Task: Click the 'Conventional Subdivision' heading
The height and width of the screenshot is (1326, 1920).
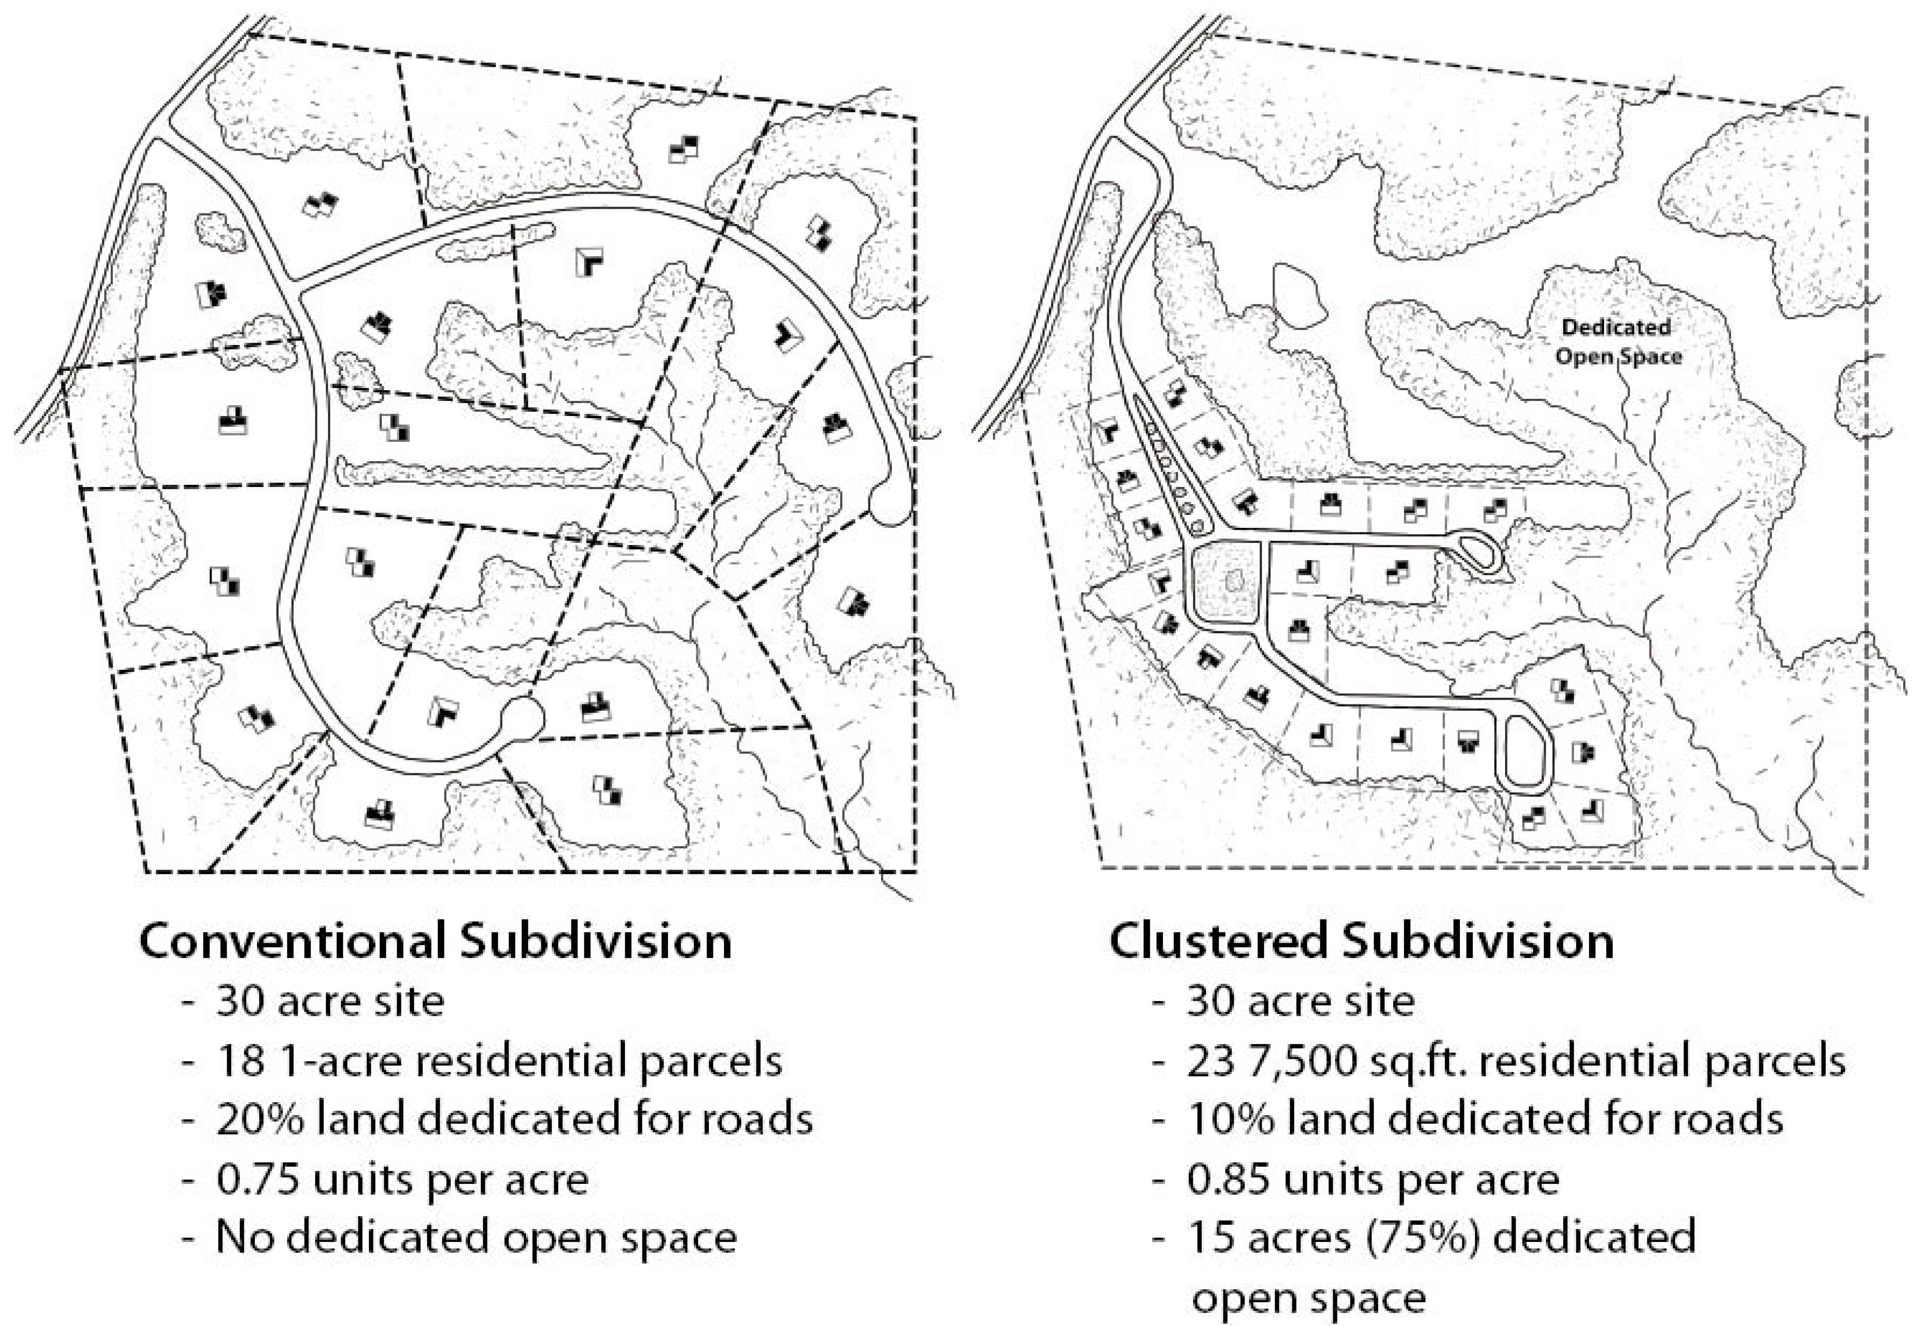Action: coord(435,941)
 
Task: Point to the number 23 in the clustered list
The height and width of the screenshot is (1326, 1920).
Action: coord(1211,1061)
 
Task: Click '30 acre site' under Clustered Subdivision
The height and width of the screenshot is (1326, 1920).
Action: coord(1300,1001)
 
